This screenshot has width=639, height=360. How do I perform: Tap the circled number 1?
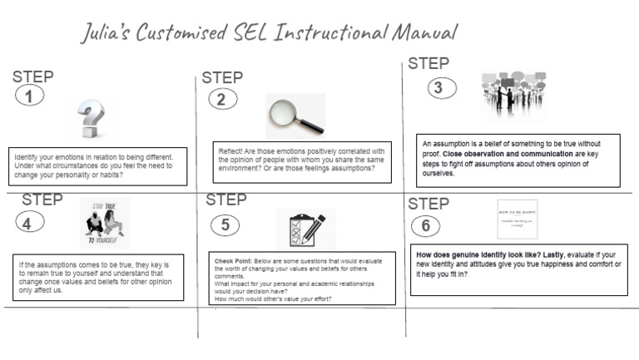coord(29,96)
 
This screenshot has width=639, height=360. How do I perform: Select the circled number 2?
coord(220,100)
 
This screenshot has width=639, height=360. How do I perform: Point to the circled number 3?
coord(440,86)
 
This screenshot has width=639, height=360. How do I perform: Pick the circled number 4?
coord(28,222)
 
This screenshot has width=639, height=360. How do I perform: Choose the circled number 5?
coord(225,224)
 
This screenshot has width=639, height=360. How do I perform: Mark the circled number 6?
coord(426,225)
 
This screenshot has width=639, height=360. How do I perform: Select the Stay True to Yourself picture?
coord(105,223)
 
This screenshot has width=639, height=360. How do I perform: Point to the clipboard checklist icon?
coord(306,229)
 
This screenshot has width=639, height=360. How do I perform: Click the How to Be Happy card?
coord(517,219)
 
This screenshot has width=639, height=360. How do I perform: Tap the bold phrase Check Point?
coord(232,261)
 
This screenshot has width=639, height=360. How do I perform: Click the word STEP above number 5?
coord(226,200)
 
